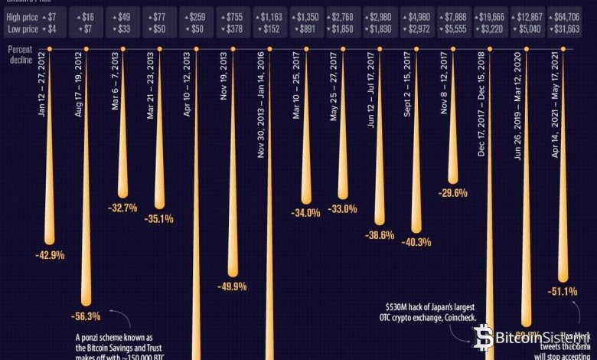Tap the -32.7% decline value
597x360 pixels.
point(122,208)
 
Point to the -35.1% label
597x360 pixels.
point(159,218)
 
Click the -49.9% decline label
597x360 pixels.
point(233,286)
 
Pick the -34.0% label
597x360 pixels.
point(306,213)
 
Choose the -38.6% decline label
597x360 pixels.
point(380,235)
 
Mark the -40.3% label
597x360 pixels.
point(416,242)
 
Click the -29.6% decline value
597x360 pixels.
point(453,193)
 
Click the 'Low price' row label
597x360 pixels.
point(21,28)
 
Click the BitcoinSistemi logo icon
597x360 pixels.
point(484,337)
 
